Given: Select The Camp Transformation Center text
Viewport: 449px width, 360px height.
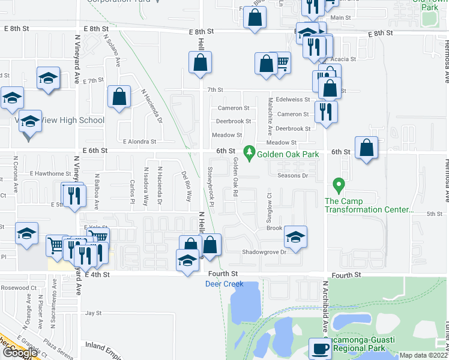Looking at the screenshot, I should point(369,205).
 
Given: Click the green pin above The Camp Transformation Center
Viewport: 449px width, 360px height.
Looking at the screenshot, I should point(338,185).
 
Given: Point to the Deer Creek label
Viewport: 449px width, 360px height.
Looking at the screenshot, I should point(224,284).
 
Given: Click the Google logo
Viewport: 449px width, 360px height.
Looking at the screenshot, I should point(19,353).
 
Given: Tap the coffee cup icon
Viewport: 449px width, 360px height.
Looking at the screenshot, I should point(319,349).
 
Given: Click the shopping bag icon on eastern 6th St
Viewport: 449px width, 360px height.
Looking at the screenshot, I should point(366,148).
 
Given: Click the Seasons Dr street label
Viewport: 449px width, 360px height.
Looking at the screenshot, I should point(292,176).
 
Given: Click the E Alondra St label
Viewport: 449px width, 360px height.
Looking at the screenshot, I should point(139,142).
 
